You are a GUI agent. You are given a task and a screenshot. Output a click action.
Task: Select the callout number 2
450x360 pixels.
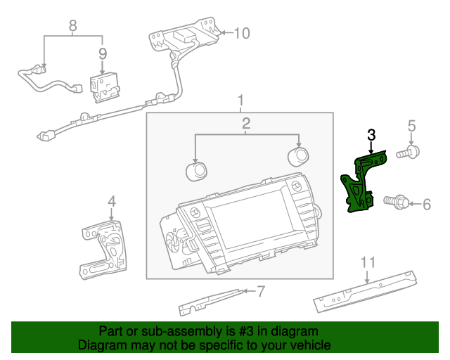point(246,124)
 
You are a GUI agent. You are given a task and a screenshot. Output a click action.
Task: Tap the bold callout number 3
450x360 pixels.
point(371,134)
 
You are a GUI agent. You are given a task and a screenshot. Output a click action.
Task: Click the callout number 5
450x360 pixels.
point(412,126)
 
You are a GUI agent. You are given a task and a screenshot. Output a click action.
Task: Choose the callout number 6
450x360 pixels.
point(425,205)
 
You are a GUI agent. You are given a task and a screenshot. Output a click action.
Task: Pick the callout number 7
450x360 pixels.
point(260,289)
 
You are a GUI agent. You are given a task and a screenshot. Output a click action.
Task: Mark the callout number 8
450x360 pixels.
point(72,27)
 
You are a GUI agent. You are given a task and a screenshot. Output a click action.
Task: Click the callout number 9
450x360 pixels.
point(103,53)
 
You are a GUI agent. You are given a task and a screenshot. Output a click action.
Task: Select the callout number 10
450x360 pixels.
point(241,32)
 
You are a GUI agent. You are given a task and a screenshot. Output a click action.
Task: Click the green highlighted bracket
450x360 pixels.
point(361,184)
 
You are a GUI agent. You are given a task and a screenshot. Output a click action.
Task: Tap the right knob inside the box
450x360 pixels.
point(298,155)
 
